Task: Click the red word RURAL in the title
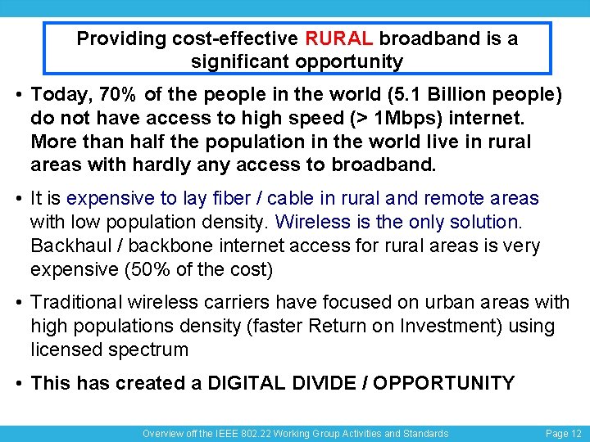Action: (x=339, y=38)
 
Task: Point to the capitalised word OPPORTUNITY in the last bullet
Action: (x=444, y=383)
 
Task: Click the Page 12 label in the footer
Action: (x=564, y=434)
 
